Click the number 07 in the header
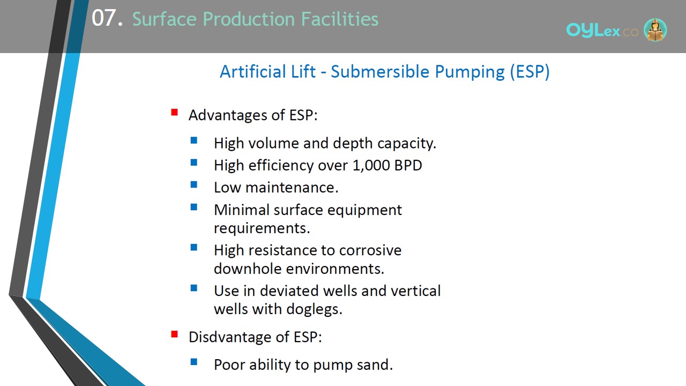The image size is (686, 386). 104,18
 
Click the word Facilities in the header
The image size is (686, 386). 340,19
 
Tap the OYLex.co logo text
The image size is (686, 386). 602,31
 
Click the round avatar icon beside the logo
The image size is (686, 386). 655,29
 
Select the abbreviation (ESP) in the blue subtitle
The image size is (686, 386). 530,72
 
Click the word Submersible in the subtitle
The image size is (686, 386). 380,72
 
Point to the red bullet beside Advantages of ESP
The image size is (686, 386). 175,112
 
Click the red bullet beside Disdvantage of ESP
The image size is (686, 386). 175,334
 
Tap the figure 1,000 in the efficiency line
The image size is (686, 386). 371,166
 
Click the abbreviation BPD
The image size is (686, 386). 408,166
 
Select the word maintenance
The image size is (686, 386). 292,188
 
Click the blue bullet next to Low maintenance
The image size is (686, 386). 194,185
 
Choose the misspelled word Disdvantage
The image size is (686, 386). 230,337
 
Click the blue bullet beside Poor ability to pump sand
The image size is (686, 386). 194,362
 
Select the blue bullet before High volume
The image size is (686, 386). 194,140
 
